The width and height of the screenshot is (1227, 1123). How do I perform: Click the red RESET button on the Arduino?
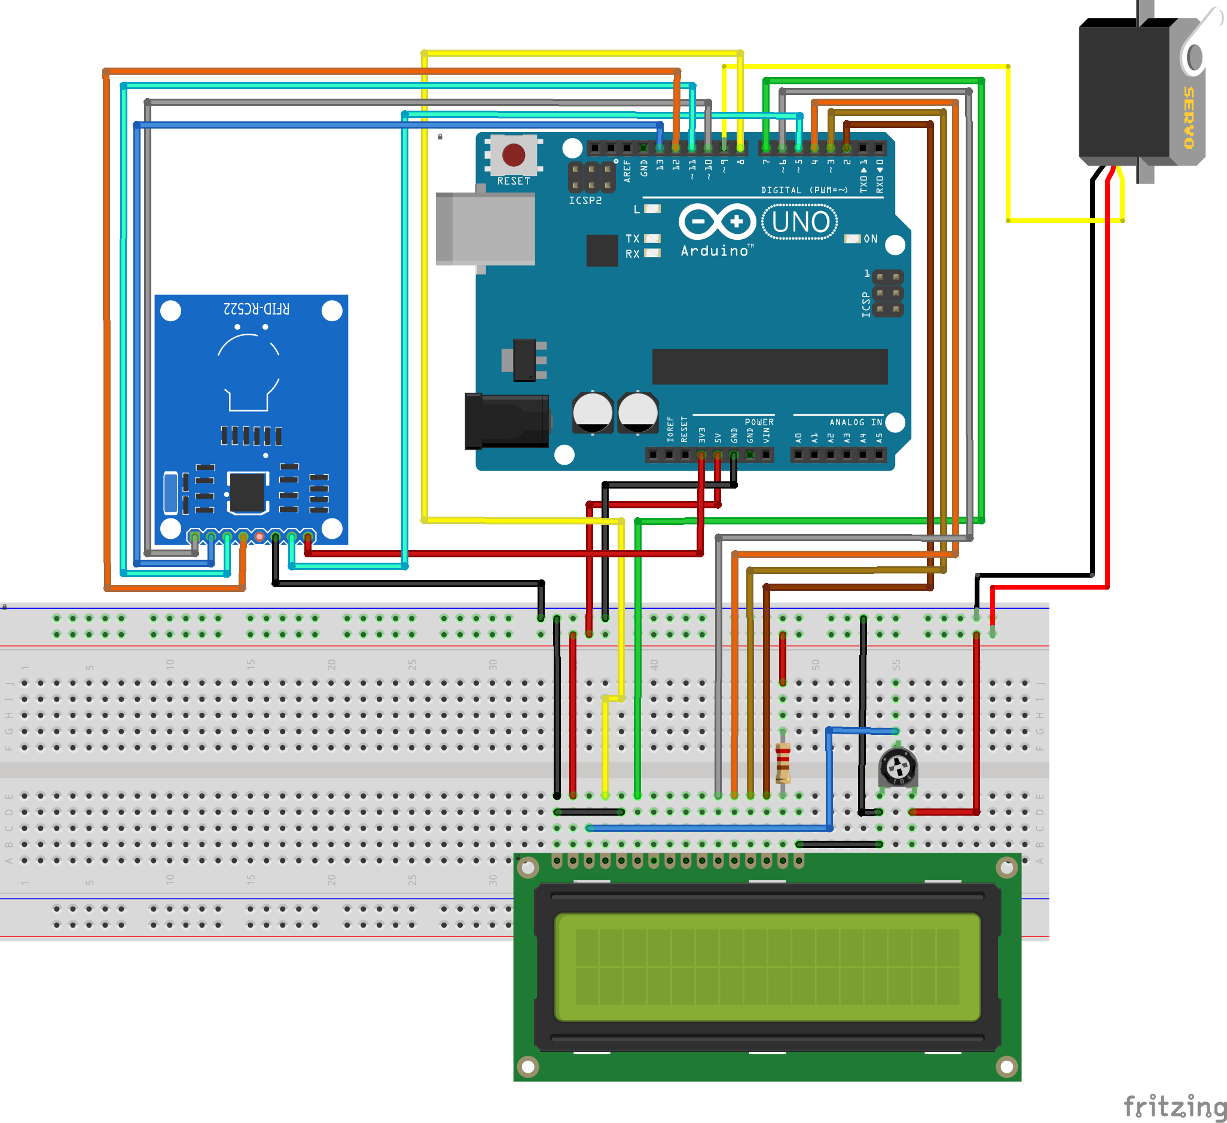pos(514,155)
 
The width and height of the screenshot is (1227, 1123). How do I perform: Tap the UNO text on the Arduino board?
pos(799,222)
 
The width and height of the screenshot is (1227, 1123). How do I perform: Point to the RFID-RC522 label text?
pos(257,309)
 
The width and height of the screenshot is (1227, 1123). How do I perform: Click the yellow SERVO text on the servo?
pos(1189,117)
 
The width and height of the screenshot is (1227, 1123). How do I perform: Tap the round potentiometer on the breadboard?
pos(898,768)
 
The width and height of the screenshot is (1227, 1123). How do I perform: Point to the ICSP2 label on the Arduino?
pos(585,200)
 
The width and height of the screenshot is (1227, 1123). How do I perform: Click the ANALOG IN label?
pos(856,422)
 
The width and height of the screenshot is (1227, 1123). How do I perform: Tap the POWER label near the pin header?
pos(759,422)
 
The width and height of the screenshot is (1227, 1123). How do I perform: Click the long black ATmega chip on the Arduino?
pos(770,367)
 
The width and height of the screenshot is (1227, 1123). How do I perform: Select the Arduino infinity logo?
pos(717,222)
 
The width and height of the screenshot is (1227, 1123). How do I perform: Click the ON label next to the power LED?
pos(871,239)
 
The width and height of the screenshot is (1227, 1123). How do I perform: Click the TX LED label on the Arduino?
pos(633,239)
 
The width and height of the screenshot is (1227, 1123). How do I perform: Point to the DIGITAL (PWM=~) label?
pos(804,190)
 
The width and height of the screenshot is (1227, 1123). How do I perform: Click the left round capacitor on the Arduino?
pos(592,413)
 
